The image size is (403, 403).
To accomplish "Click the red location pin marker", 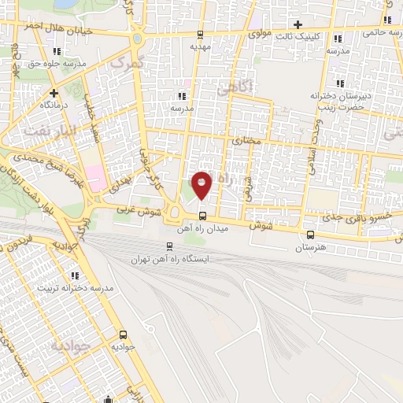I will click(x=202, y=185).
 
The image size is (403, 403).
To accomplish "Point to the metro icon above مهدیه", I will click(x=200, y=34).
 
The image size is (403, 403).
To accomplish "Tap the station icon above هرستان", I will click(x=309, y=235).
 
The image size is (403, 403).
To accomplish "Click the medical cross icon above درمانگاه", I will click(x=53, y=92).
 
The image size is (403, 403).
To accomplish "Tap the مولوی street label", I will click(x=259, y=35).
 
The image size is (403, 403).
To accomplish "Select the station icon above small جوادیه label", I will click(x=124, y=334).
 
